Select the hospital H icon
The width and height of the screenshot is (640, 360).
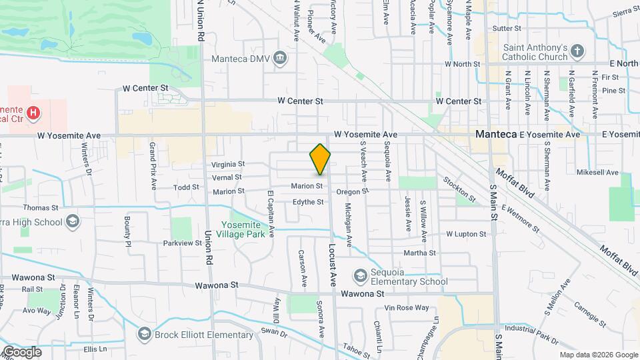(33, 114)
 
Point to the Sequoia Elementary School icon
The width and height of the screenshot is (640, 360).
(361, 276)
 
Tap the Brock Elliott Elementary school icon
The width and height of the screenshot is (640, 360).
(144, 333)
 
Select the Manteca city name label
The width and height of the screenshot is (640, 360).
(496, 134)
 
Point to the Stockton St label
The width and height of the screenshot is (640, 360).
(459, 189)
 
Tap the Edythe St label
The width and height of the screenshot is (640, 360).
(308, 202)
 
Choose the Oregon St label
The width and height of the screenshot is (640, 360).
(352, 191)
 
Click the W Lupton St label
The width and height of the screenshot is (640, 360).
(466, 234)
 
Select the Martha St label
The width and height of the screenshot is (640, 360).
(419, 253)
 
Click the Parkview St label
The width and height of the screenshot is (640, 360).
(183, 243)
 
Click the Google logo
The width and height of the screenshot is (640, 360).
(22, 351)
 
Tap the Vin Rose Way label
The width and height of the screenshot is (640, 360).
(407, 307)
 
